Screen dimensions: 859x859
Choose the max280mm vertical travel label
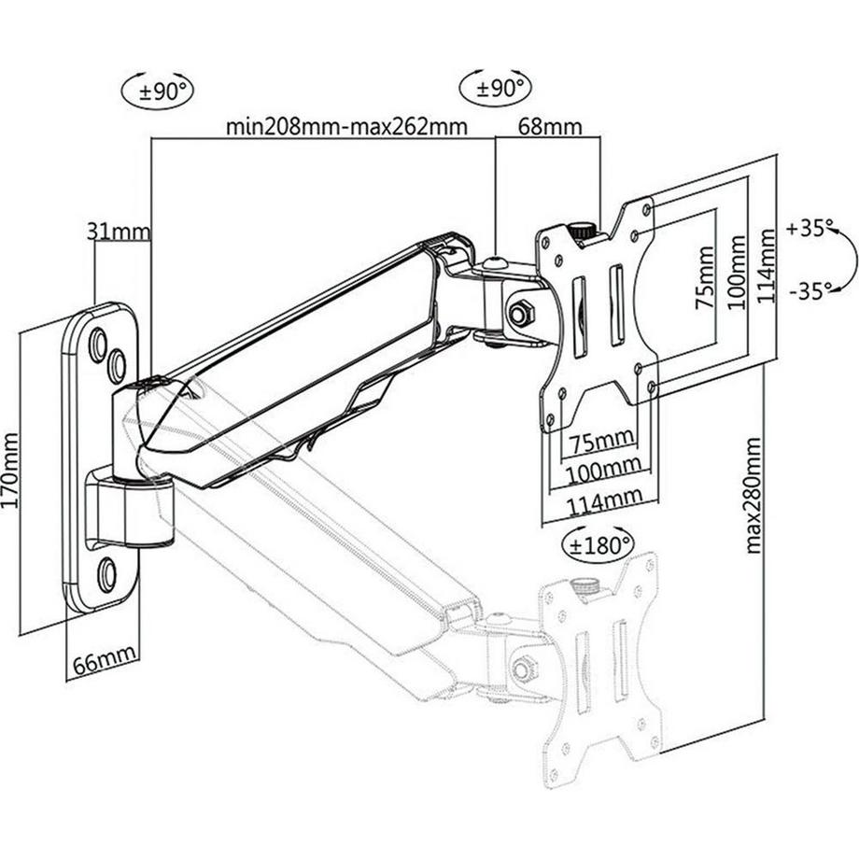click(x=754, y=495)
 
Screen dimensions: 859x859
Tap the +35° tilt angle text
click(x=810, y=228)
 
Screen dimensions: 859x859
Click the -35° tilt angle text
click(x=810, y=290)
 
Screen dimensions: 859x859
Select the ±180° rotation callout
click(x=597, y=543)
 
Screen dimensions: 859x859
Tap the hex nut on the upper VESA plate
click(x=519, y=314)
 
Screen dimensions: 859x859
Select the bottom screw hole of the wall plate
click(x=107, y=571)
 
